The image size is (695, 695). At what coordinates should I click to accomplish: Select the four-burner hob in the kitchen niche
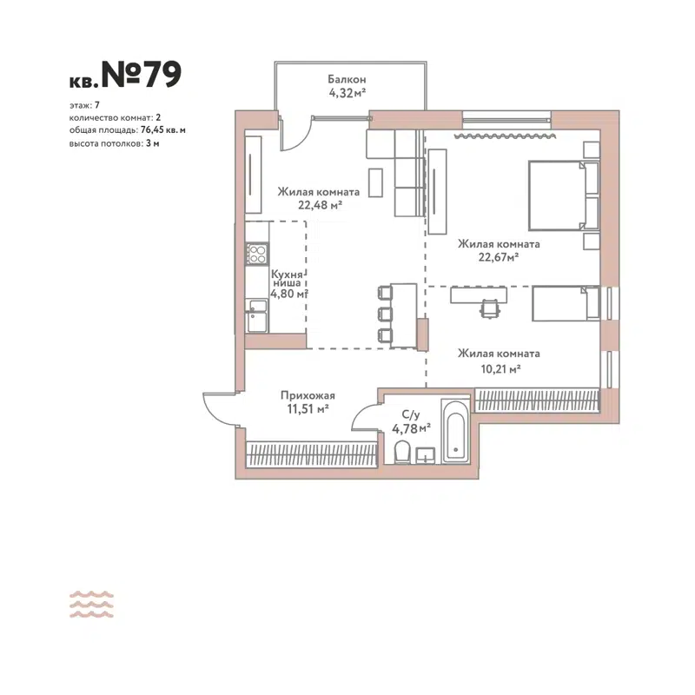[257, 254]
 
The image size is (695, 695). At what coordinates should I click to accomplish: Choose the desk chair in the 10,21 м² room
[491, 307]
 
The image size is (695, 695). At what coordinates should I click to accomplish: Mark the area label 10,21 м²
[501, 369]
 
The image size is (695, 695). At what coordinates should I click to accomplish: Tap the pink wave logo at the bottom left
[91, 604]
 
